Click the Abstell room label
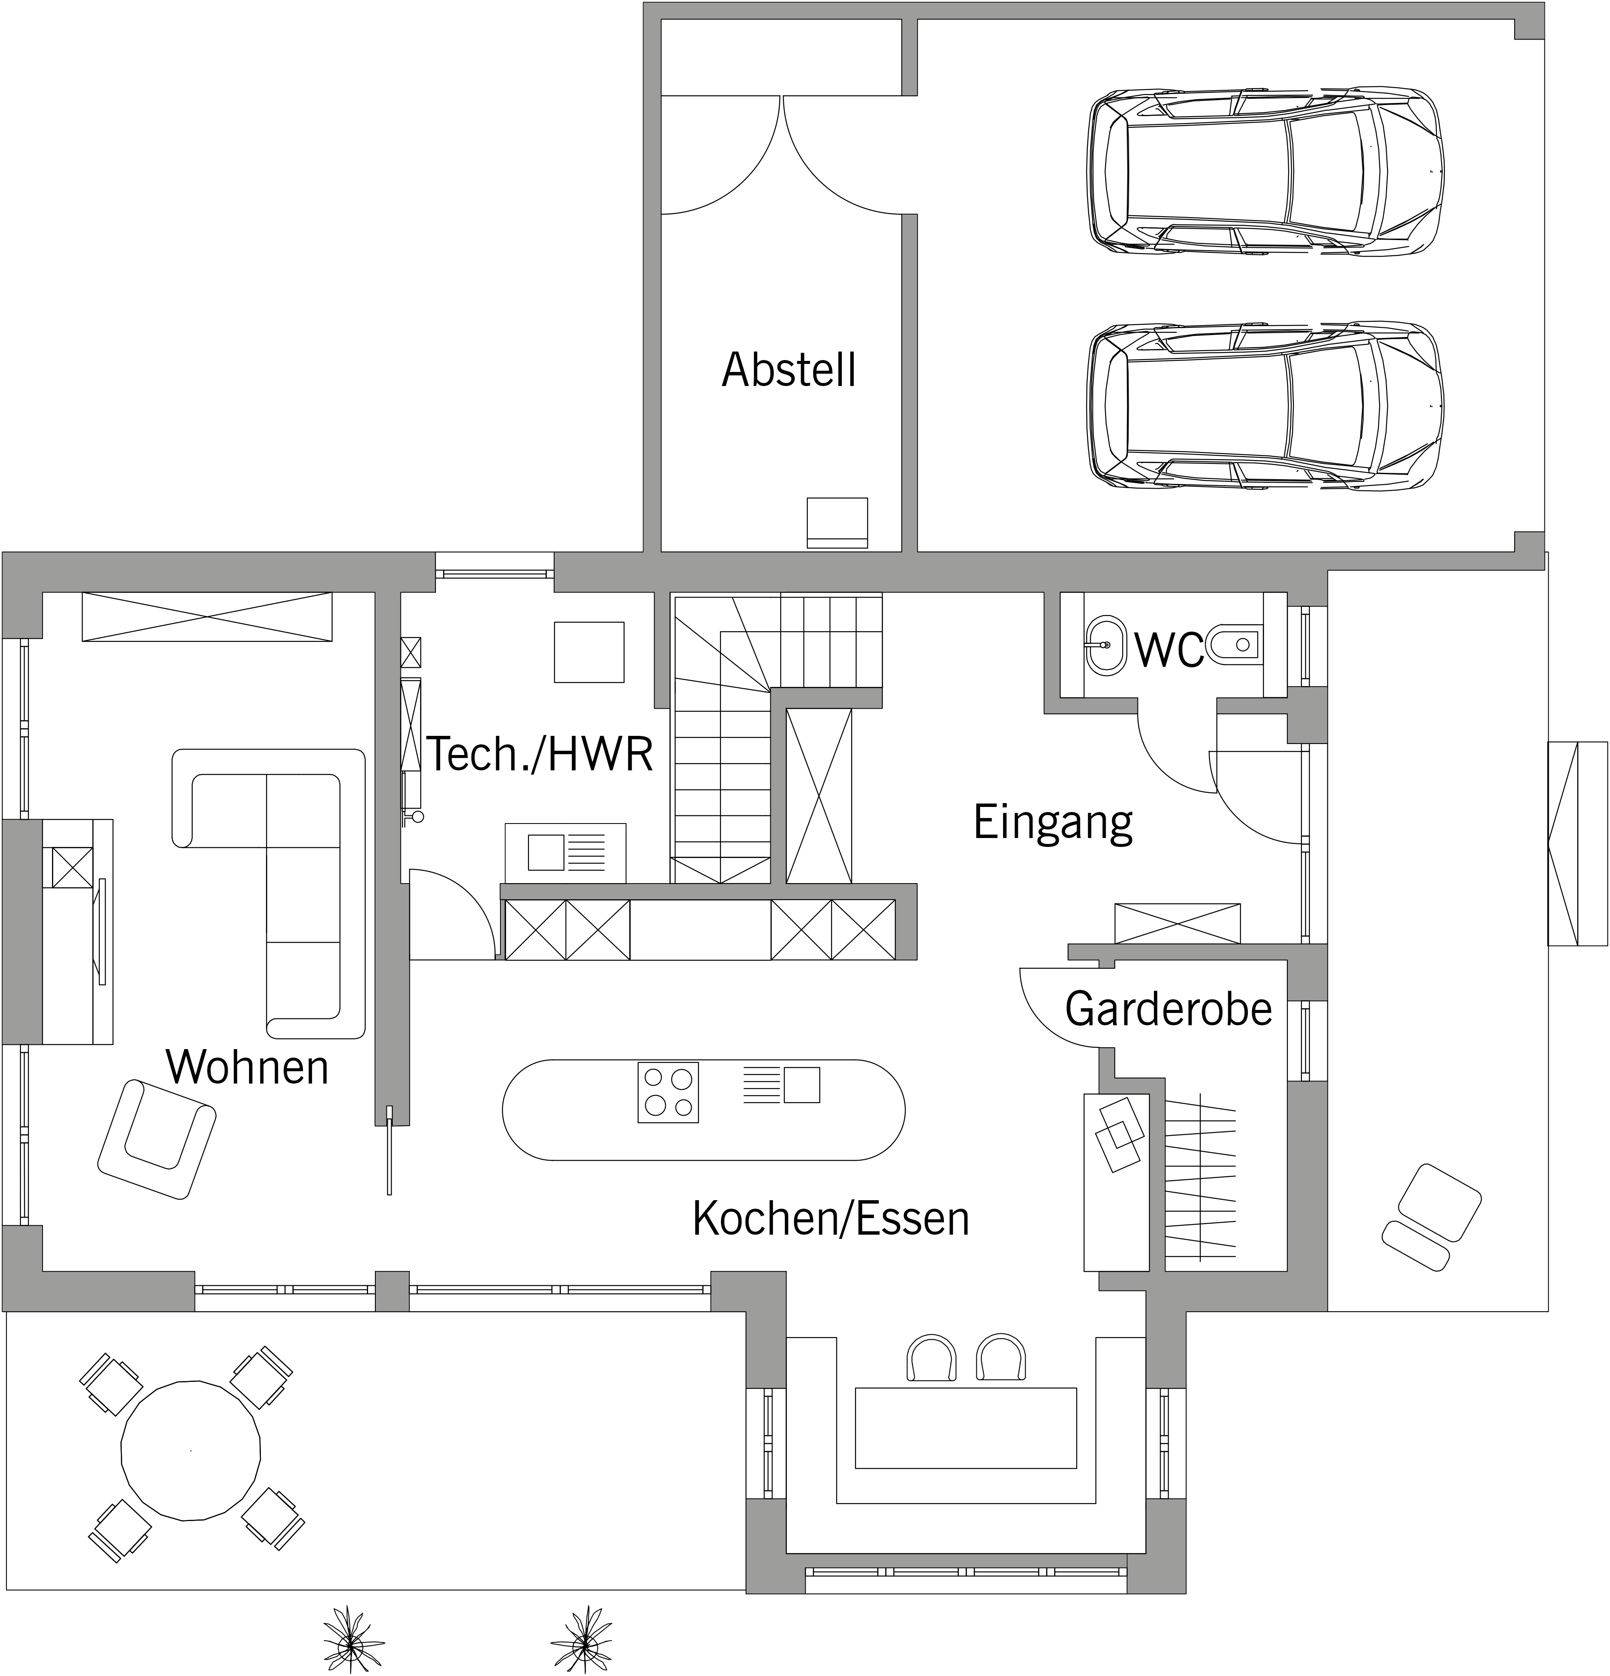[788, 370]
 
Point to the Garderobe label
[1168, 1009]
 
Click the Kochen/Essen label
[831, 1218]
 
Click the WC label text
[1169, 650]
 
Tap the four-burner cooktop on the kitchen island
[668, 1092]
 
